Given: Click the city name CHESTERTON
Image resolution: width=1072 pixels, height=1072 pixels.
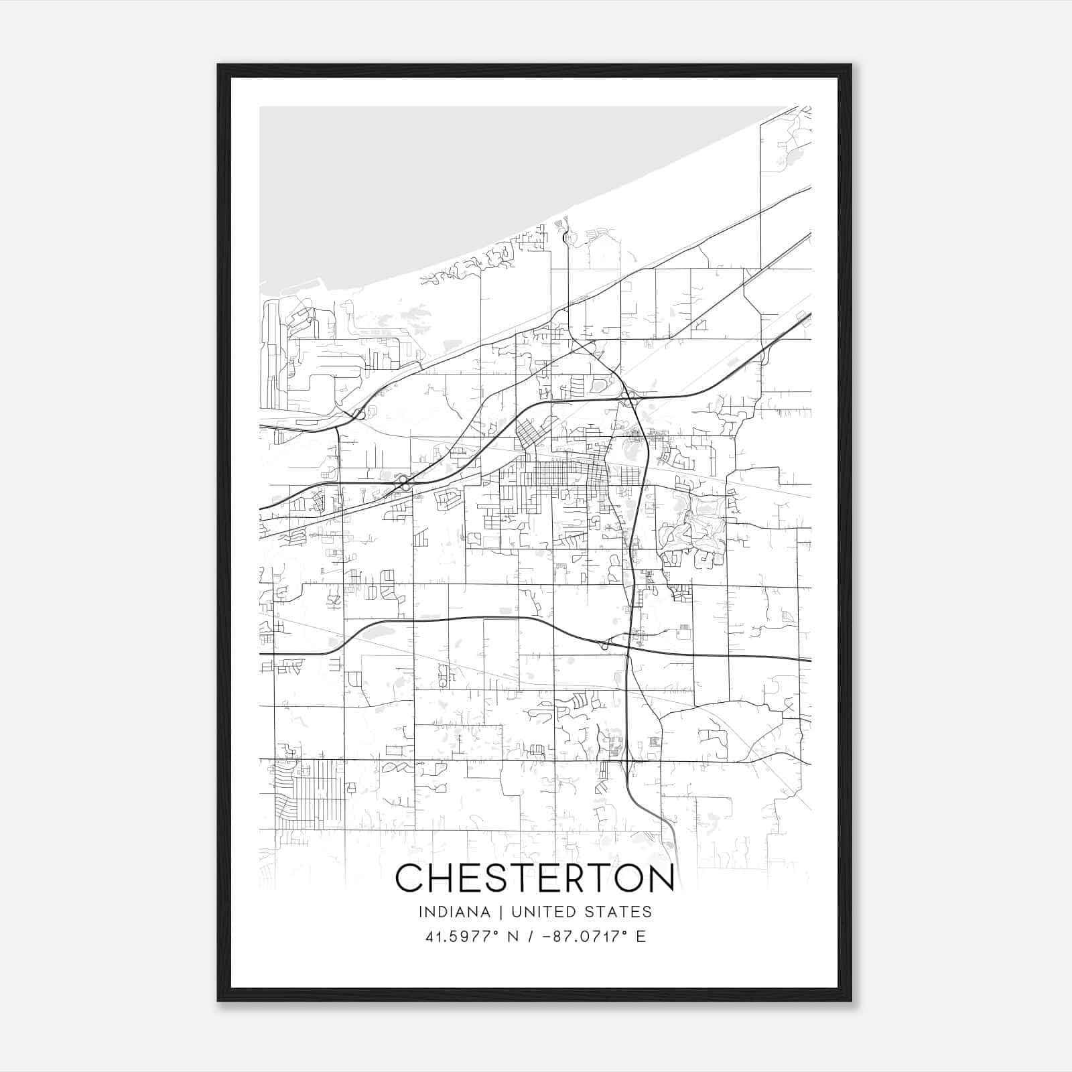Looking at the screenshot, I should tap(535, 878).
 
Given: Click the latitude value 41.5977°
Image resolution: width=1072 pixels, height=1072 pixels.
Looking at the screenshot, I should tap(462, 937).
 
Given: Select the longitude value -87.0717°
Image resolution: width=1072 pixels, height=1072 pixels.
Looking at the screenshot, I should tap(585, 937).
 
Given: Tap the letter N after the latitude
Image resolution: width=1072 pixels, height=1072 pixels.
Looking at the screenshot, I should tap(513, 937).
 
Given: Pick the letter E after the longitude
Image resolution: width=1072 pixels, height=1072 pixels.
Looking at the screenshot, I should tap(641, 937).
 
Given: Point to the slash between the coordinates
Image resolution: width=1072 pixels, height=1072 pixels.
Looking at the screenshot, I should tap(531, 937).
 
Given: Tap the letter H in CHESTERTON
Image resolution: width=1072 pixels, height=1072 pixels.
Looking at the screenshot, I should tap(444, 878).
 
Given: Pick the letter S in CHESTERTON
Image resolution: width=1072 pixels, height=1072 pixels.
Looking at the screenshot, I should tap(499, 878).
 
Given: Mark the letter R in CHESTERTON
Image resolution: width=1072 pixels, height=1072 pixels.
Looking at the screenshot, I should tap(561, 878).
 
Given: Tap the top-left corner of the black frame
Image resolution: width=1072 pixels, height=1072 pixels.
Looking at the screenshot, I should tap(218, 65).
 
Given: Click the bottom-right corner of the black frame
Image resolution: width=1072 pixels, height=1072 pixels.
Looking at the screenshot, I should tap(851, 1001).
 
